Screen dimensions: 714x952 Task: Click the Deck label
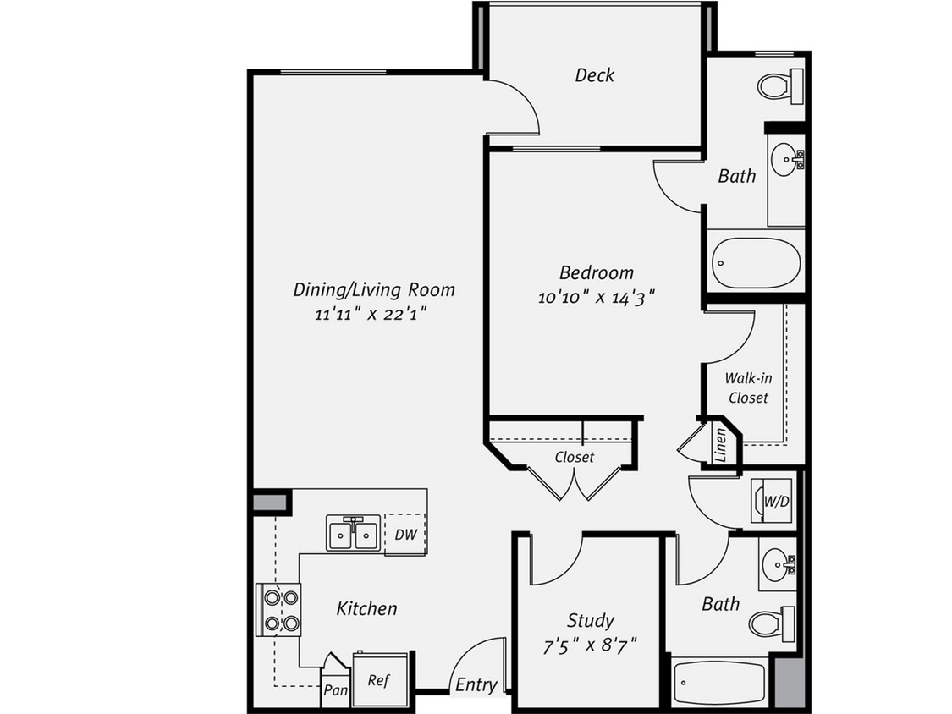point(595,75)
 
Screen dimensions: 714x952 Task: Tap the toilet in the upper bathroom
point(777,85)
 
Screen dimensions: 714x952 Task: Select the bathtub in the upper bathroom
point(756,262)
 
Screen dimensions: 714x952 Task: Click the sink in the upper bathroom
point(786,158)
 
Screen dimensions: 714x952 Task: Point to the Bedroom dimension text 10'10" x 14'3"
point(597,297)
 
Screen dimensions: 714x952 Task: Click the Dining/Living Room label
point(374,289)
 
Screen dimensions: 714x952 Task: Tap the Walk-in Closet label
point(748,388)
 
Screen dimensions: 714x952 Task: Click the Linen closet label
point(720,446)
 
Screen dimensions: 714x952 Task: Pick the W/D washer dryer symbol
point(774,501)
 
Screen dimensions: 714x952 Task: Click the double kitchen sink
point(353,534)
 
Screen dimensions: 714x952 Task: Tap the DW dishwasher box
point(405,534)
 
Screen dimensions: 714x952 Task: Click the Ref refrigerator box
point(379,680)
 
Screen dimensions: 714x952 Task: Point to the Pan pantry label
point(335,689)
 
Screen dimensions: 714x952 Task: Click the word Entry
point(476,684)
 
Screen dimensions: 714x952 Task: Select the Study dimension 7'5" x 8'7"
point(589,647)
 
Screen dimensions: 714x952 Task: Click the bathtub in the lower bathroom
point(719,683)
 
